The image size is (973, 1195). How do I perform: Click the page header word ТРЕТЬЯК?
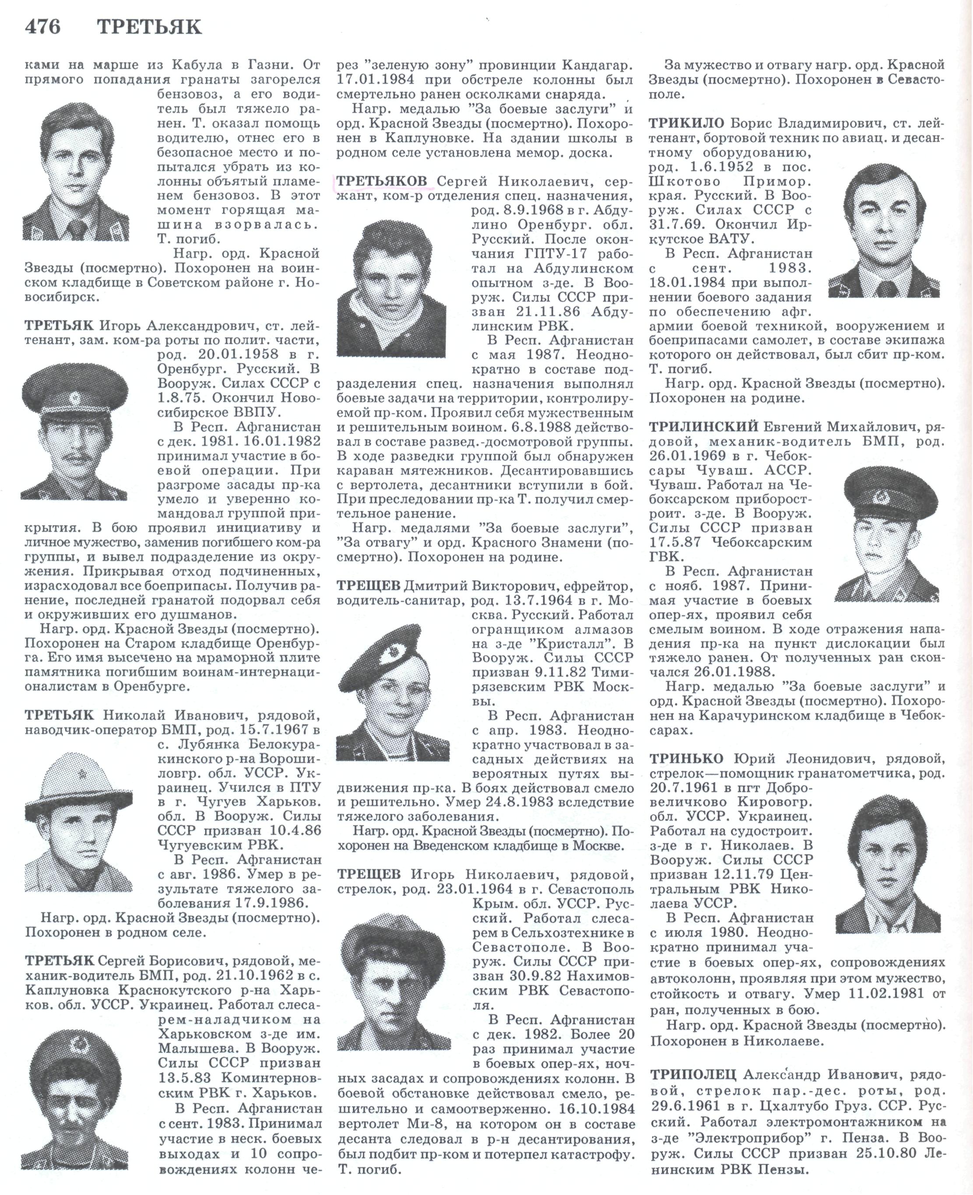pos(149,26)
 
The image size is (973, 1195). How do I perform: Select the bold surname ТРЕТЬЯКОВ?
pos(382,181)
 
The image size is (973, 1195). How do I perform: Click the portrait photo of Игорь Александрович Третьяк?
pos(74,431)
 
